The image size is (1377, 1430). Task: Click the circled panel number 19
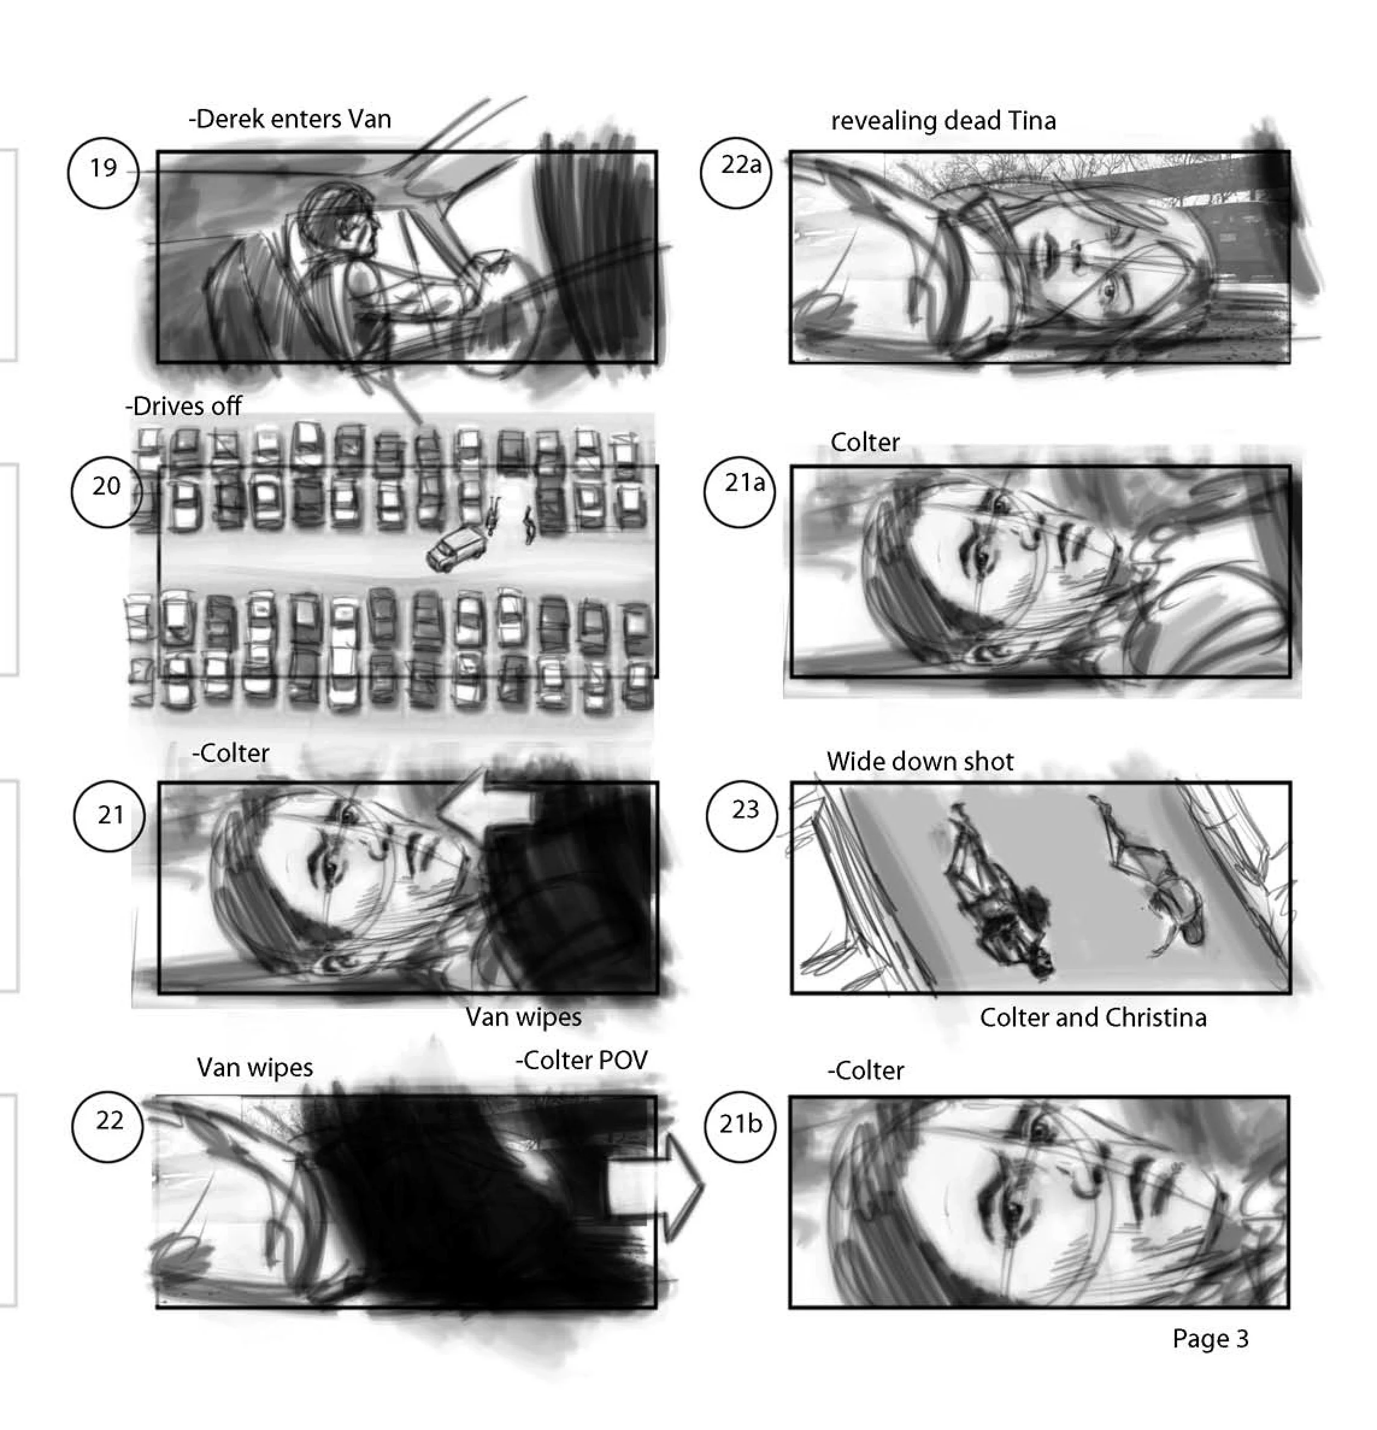coord(103,173)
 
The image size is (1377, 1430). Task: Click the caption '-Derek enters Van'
coord(290,119)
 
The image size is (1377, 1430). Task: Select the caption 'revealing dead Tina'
coord(943,120)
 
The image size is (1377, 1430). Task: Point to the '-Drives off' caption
coord(183,407)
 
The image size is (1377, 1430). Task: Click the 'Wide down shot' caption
coord(919,762)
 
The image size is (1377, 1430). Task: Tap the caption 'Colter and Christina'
coord(1093,1018)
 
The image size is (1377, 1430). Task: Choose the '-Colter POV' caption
coord(581,1060)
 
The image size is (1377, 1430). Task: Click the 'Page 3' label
coord(1211,1339)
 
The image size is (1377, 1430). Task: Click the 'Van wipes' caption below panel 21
coord(523,1017)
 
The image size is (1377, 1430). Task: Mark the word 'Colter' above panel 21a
coord(865,442)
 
